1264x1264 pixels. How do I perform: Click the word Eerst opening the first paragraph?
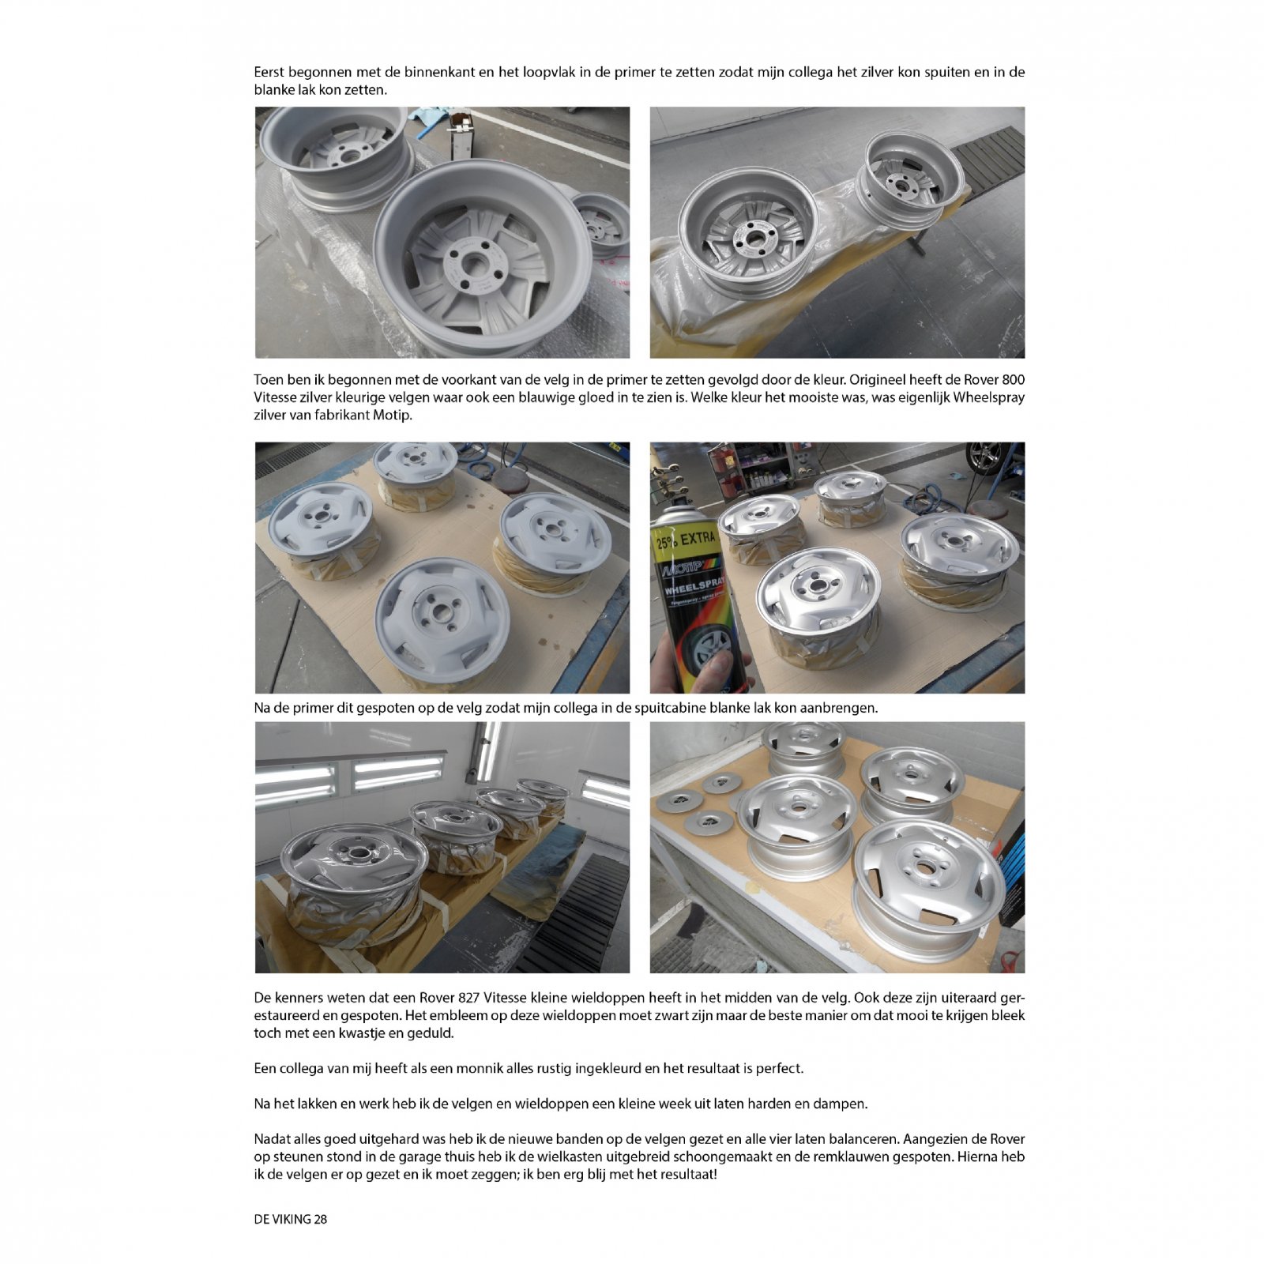tap(269, 72)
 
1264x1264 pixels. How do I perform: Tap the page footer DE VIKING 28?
tap(291, 1219)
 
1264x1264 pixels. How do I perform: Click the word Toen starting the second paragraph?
tap(269, 380)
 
